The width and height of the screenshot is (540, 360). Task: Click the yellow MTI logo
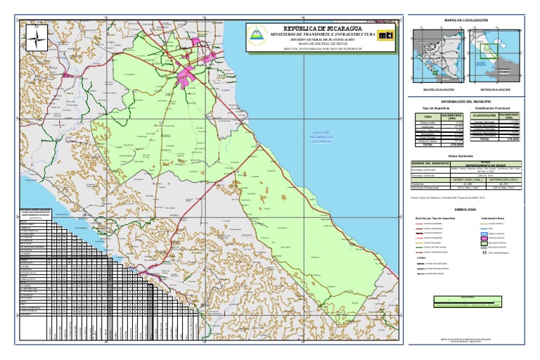(385, 34)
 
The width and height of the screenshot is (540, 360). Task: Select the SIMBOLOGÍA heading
(467, 210)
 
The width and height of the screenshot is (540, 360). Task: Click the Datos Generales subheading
(467, 155)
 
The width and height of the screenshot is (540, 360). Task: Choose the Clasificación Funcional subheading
(496, 108)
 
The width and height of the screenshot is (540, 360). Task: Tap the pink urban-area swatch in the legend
(484, 238)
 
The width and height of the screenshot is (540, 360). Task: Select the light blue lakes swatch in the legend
(484, 233)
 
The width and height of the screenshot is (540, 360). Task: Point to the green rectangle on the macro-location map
(436, 72)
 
